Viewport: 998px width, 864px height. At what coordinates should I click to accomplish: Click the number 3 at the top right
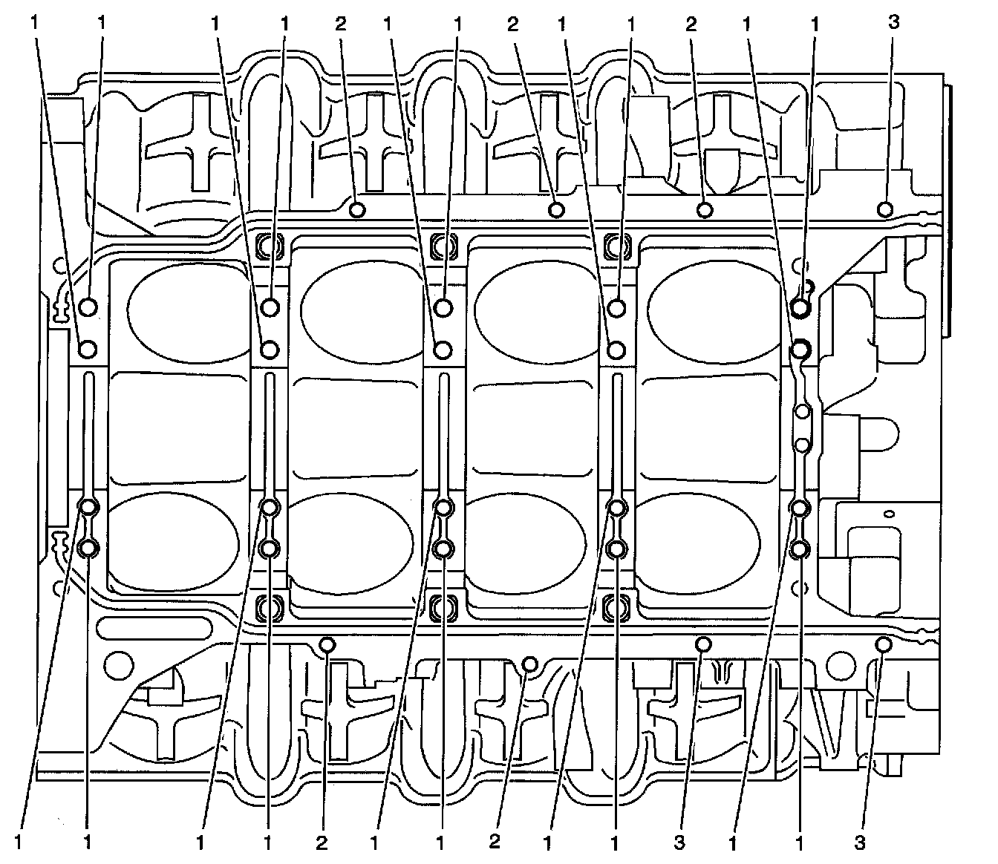coord(894,22)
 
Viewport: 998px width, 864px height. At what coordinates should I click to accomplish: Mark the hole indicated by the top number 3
coord(884,209)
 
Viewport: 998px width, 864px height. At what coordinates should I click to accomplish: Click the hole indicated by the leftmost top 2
coord(357,210)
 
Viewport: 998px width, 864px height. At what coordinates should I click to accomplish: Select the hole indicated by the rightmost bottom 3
coord(883,644)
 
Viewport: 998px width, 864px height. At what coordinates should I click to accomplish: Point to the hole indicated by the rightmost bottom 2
coord(529,663)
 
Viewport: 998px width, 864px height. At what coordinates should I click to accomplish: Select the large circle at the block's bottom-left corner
coord(117,663)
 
